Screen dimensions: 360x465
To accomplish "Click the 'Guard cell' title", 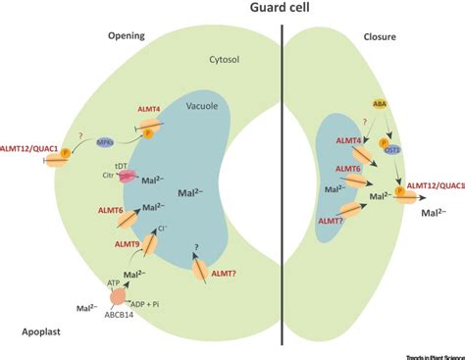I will coord(282,9).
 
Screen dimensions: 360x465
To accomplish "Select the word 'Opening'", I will coord(129,37).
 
